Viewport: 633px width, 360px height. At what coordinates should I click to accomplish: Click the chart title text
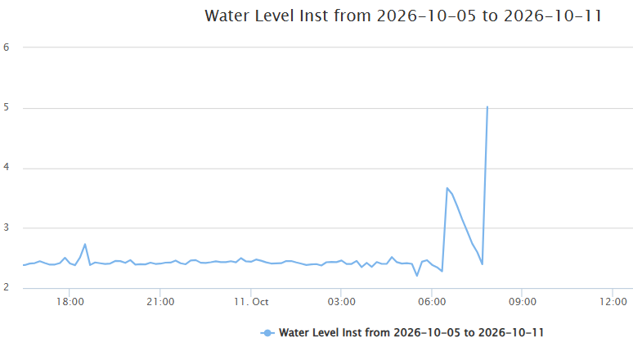(403, 16)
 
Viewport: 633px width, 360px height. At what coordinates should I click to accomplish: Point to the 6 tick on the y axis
(6, 47)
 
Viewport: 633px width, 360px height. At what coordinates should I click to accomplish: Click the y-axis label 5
(6, 107)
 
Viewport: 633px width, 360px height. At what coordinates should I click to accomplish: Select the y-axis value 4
(6, 167)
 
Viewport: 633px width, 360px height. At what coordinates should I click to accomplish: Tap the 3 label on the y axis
(6, 227)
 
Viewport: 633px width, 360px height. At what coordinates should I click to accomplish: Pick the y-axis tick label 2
(6, 287)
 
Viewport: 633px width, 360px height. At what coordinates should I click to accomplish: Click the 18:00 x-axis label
(70, 302)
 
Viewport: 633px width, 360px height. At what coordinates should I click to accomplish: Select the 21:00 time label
(160, 302)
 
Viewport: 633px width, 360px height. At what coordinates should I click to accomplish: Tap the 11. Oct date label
(251, 302)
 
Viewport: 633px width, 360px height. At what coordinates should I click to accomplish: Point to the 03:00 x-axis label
(342, 302)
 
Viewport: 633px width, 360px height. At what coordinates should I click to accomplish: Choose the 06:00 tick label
(432, 302)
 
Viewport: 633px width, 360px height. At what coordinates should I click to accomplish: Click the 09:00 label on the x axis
(523, 302)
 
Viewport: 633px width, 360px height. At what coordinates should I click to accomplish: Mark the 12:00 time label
(613, 302)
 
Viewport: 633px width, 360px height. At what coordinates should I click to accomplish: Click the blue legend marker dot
(267, 333)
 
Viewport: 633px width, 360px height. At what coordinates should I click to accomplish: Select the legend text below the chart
(411, 332)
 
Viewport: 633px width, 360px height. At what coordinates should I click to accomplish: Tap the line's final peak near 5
(487, 107)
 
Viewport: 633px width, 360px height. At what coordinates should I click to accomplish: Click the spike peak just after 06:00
(447, 188)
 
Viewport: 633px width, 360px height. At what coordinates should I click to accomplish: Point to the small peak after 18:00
(85, 244)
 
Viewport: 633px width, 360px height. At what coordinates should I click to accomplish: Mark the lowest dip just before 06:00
(417, 276)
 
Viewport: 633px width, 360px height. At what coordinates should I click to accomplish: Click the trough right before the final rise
(482, 264)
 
